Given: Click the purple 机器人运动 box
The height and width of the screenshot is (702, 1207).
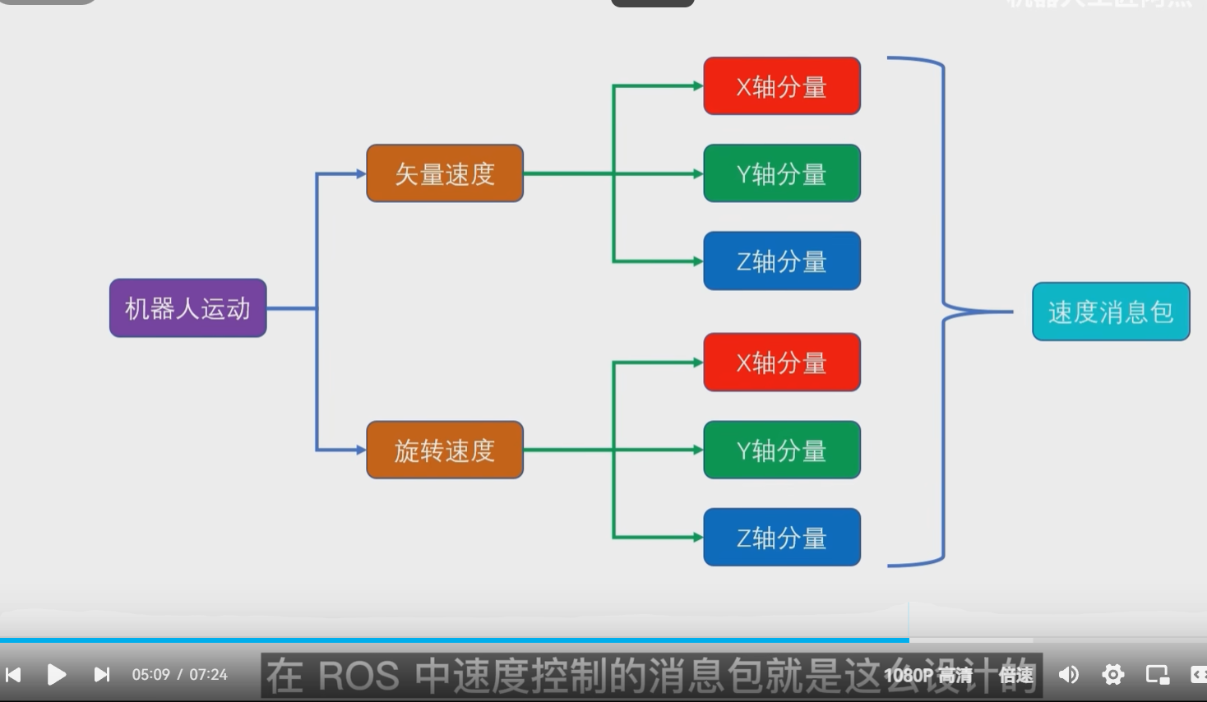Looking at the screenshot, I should [187, 308].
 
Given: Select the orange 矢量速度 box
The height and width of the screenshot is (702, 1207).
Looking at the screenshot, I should [445, 173].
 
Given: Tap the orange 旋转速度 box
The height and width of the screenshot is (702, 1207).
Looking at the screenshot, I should [445, 450].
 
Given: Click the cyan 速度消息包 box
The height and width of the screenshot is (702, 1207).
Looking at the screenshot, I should [1111, 312].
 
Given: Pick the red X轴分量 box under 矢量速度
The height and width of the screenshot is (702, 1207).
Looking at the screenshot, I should [782, 86].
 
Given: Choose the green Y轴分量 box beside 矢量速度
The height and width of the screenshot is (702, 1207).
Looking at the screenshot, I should [782, 173].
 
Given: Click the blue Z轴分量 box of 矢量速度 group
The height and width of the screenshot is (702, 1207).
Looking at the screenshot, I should [782, 261].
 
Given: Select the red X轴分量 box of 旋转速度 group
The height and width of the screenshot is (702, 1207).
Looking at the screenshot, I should [782, 363].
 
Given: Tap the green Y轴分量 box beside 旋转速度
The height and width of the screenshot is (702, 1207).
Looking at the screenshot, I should [782, 450].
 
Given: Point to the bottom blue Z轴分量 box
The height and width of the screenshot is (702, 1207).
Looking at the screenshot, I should [782, 538].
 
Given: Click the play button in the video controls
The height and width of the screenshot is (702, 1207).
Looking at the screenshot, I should [57, 675].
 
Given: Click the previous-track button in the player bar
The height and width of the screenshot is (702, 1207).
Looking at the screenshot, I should [13, 675].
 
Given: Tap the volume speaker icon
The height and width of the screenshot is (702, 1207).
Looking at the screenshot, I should [1068, 675].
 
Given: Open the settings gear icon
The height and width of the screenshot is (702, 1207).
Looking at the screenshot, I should [1112, 675].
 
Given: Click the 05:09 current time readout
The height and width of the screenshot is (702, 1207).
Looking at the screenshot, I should [150, 675].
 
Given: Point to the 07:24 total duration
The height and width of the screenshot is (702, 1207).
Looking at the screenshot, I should [208, 675].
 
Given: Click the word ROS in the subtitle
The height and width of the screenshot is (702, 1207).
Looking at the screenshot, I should [358, 676].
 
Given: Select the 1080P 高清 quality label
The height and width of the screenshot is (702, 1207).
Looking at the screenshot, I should [928, 676].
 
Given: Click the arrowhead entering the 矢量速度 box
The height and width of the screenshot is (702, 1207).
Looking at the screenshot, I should [360, 173].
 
